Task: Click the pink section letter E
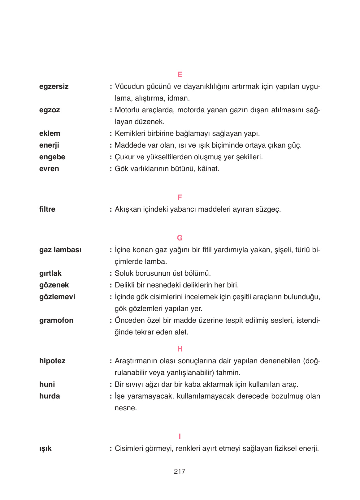[180, 75]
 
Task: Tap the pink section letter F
[180, 197]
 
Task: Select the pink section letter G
[180, 238]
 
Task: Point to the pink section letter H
[180, 349]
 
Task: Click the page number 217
[180, 472]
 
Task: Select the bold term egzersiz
[54, 87]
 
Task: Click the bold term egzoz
[50, 110]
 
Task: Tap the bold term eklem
[50, 134]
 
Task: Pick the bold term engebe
[52, 157]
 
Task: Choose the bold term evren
[49, 169]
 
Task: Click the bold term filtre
[47, 209]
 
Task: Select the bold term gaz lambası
[60, 250]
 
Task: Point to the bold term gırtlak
[50, 274]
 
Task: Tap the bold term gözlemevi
[57, 297]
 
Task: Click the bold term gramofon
[56, 321]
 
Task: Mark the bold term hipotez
[52, 361]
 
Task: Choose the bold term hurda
[50, 396]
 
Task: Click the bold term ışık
[45, 449]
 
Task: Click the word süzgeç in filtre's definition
[268, 209]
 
